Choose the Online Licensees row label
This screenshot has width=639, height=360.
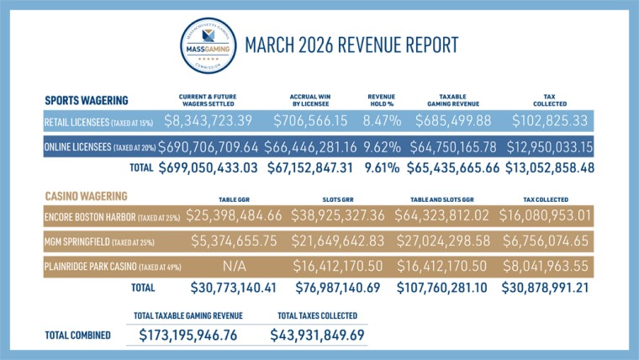[98, 147]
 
